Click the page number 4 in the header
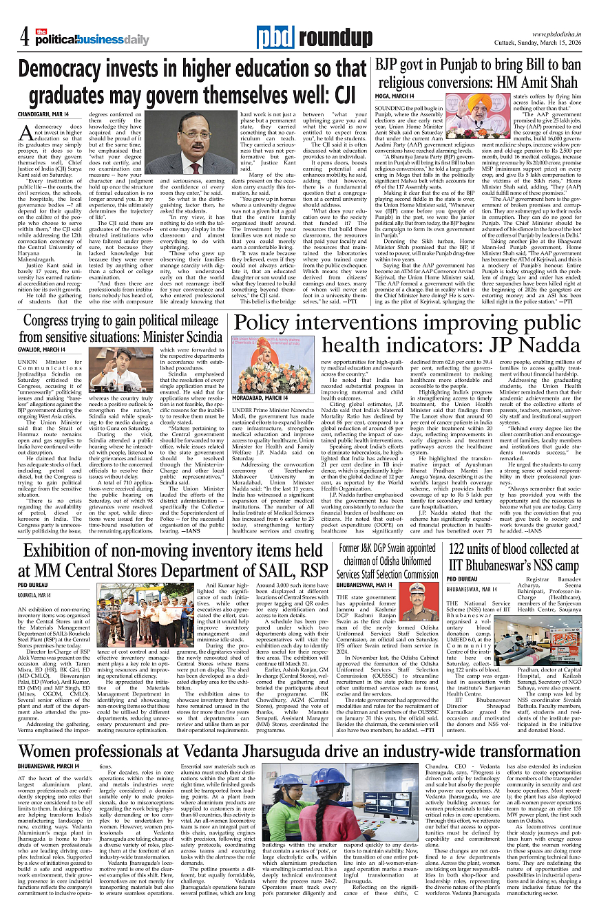[24, 36]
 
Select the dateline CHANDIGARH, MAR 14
[43, 114]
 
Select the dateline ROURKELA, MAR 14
[35, 595]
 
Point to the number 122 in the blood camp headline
[460, 548]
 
